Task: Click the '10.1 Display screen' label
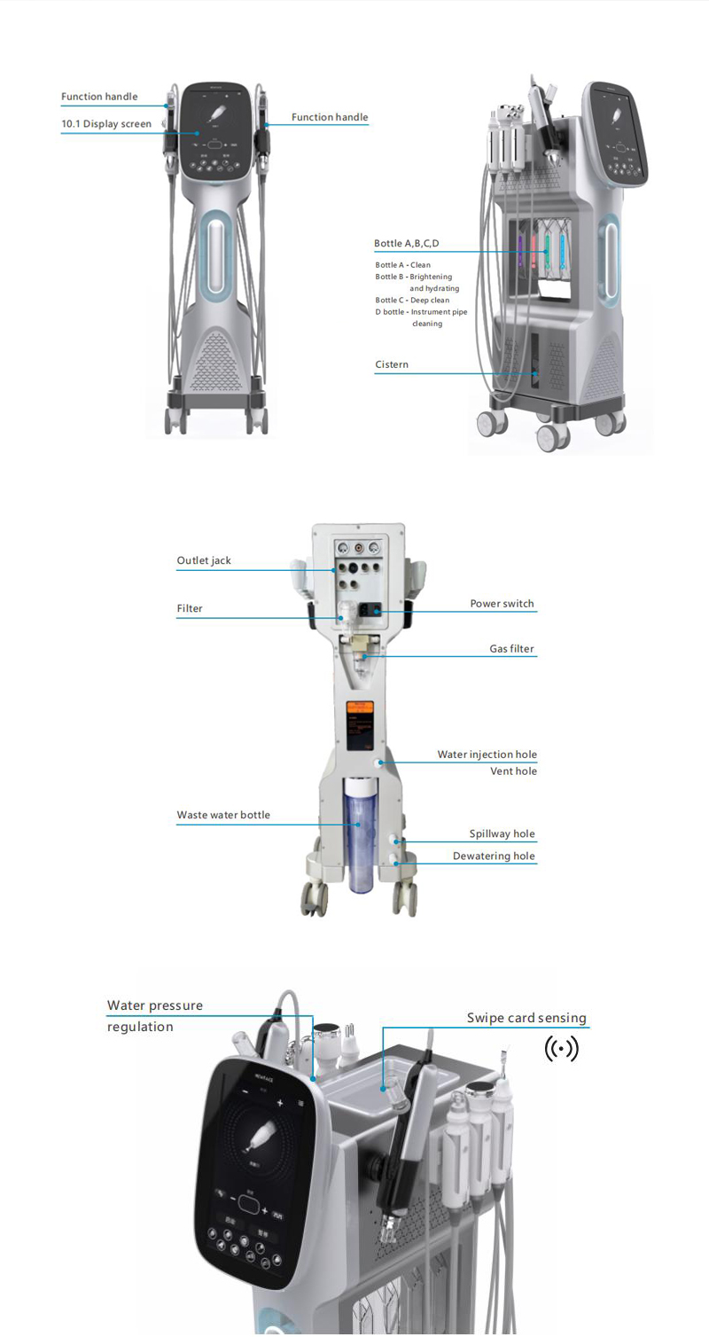pyautogui.click(x=106, y=124)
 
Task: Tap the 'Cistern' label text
pyautogui.click(x=392, y=364)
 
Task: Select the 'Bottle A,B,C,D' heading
pyautogui.click(x=406, y=243)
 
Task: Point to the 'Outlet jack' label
pyautogui.click(x=204, y=560)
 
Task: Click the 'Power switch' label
pyautogui.click(x=502, y=604)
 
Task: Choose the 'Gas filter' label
pyautogui.click(x=512, y=649)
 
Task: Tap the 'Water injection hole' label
pyautogui.click(x=487, y=755)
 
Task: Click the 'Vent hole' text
pyautogui.click(x=513, y=771)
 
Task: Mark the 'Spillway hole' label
pyautogui.click(x=502, y=834)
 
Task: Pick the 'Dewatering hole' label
pyautogui.click(x=494, y=856)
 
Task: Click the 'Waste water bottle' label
pyautogui.click(x=223, y=815)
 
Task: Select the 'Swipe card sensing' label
pyautogui.click(x=526, y=1018)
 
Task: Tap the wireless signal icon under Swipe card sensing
pyautogui.click(x=561, y=1050)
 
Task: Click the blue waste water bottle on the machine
pyautogui.click(x=358, y=833)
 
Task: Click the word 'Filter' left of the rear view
pyautogui.click(x=190, y=608)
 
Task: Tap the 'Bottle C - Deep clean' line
pyautogui.click(x=412, y=300)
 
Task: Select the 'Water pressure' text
pyautogui.click(x=155, y=1005)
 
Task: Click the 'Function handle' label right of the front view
pyautogui.click(x=330, y=117)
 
